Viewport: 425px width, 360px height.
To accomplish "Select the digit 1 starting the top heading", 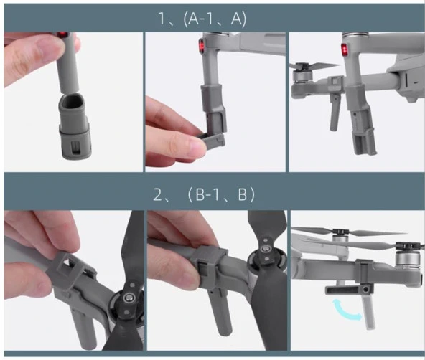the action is tap(162, 19).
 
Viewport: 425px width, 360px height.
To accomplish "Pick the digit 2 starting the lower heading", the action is tap(157, 194).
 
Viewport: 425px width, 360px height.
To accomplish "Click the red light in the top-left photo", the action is tap(63, 34).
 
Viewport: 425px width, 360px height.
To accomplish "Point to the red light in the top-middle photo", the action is tap(202, 45).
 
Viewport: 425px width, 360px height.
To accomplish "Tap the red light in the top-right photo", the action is tap(345, 49).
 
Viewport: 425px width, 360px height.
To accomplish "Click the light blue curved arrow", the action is tap(347, 309).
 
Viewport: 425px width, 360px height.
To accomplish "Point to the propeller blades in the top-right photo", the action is tap(314, 65).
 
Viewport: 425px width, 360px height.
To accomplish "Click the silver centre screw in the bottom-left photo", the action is tap(127, 298).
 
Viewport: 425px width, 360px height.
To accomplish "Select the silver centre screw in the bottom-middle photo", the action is tap(266, 248).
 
